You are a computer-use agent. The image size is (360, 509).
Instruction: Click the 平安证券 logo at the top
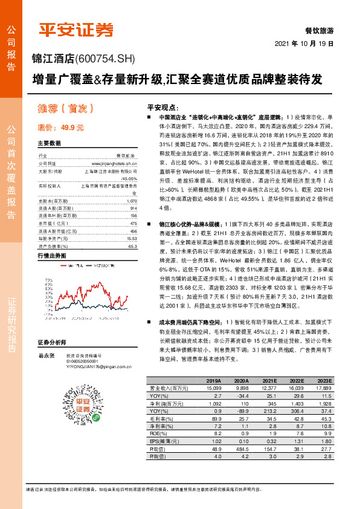(76, 29)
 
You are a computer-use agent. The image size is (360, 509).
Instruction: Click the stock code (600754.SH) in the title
(104, 59)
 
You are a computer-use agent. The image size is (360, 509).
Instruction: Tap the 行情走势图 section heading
(51, 256)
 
